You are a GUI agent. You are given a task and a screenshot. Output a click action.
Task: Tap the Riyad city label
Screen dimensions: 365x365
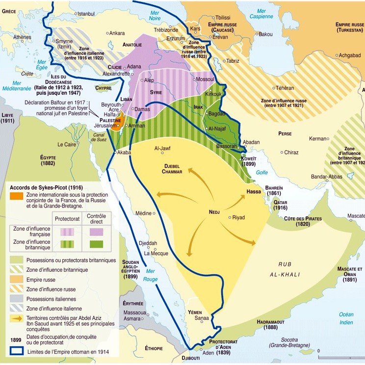click(238, 217)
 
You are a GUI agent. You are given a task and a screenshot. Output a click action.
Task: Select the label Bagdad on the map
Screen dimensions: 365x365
click(216, 114)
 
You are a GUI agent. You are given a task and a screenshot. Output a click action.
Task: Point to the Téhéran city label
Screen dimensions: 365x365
click(285, 88)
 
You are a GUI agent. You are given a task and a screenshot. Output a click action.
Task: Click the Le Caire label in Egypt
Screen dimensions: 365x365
click(67, 145)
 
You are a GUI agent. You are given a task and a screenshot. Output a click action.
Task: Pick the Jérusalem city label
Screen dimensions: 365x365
click(103, 126)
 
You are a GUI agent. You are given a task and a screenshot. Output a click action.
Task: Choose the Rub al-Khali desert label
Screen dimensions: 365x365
click(289, 269)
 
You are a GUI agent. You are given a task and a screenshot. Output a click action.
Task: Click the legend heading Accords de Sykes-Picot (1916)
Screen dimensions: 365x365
click(47, 187)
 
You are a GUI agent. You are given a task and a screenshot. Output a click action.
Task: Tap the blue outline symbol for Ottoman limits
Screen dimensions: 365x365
click(16, 351)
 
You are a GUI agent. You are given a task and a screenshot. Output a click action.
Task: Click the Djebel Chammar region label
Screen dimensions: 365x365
click(172, 169)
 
